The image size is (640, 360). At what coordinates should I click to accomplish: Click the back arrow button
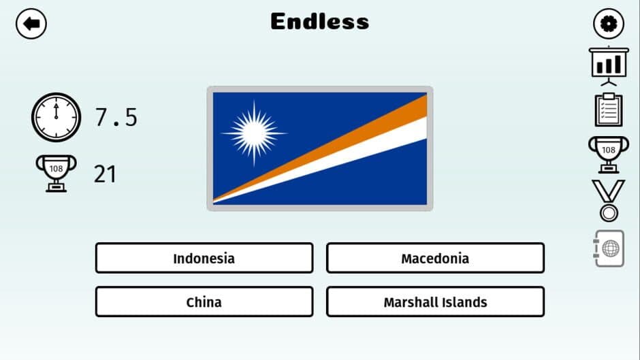tap(31, 24)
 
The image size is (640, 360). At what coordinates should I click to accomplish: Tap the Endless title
tap(319, 22)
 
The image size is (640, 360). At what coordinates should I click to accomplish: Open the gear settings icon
tap(608, 24)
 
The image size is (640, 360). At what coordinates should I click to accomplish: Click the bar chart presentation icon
tap(608, 65)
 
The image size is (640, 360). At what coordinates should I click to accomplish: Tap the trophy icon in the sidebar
tap(608, 152)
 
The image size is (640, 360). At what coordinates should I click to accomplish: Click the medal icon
tap(608, 200)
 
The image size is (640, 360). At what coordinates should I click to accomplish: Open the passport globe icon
tap(608, 248)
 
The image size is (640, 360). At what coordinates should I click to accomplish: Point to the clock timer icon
tap(55, 117)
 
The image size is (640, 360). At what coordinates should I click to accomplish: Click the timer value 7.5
tap(116, 118)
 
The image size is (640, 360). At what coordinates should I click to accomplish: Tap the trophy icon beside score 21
tap(55, 173)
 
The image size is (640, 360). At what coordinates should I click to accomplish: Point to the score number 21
tap(105, 174)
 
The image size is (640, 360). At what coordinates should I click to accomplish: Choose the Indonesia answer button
tap(204, 259)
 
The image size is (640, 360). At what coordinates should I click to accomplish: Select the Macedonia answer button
tap(435, 259)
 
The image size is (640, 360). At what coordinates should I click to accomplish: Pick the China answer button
tap(204, 302)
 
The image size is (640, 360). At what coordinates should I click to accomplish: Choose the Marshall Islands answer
tap(435, 302)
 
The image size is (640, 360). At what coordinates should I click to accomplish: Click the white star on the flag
tap(253, 132)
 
